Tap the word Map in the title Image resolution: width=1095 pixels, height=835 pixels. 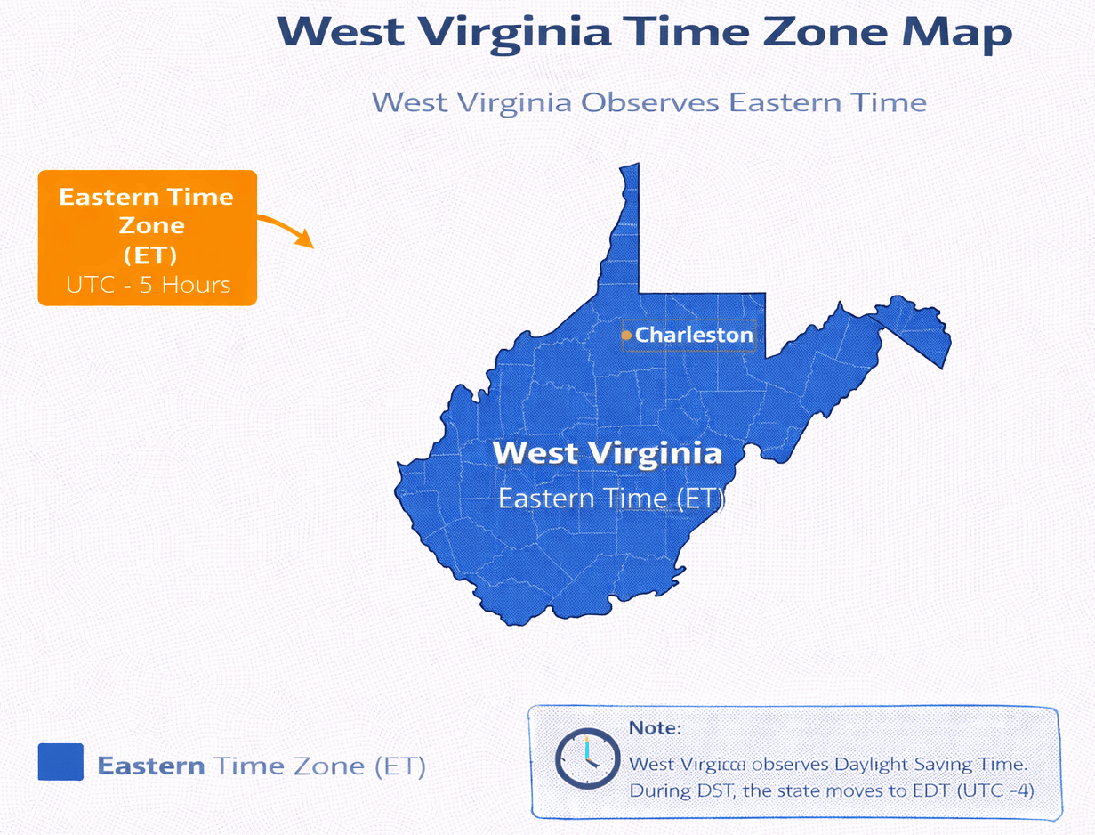tap(957, 32)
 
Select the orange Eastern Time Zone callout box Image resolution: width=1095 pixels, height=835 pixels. tap(147, 238)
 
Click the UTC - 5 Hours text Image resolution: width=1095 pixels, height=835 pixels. tap(149, 285)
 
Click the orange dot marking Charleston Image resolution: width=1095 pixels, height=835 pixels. tap(626, 336)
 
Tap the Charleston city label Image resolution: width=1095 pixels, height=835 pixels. tap(694, 336)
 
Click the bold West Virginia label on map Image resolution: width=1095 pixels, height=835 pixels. tap(607, 453)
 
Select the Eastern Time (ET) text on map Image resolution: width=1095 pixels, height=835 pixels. tap(611, 498)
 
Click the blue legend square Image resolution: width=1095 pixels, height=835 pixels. tap(60, 763)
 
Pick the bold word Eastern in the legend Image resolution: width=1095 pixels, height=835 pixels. tap(151, 766)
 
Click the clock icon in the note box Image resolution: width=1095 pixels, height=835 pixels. tap(586, 759)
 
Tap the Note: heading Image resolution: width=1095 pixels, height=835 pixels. tap(655, 728)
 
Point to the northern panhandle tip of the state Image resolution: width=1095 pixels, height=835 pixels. tap(630, 169)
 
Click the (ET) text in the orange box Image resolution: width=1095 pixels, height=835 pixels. tap(150, 255)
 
